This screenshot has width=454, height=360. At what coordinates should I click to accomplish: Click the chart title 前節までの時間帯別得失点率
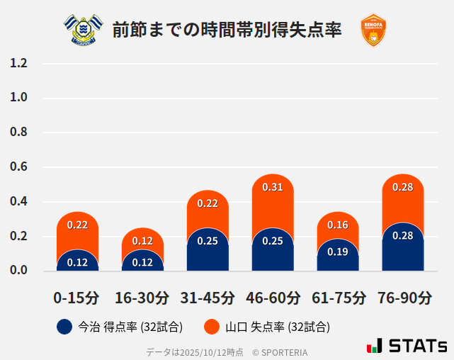(227, 30)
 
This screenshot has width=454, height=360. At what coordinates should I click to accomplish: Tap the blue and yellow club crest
(82, 30)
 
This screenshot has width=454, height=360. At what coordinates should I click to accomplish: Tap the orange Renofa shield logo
(373, 30)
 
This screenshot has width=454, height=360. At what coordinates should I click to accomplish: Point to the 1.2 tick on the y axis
(19, 63)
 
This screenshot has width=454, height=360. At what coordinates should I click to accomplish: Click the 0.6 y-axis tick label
(19, 167)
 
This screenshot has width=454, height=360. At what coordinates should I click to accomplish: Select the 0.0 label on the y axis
(19, 271)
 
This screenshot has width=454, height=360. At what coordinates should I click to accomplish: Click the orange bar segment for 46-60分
(273, 202)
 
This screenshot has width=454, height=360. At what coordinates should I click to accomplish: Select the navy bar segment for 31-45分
(208, 252)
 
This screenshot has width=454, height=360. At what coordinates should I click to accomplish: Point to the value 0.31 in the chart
(273, 187)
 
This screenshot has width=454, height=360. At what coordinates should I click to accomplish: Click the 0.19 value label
(338, 252)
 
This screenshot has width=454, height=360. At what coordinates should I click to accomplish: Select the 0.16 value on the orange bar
(338, 225)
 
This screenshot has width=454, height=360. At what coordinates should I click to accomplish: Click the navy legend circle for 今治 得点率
(64, 327)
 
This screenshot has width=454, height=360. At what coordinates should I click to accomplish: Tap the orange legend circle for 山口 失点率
(212, 327)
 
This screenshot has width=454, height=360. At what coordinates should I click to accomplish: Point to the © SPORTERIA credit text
(280, 351)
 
